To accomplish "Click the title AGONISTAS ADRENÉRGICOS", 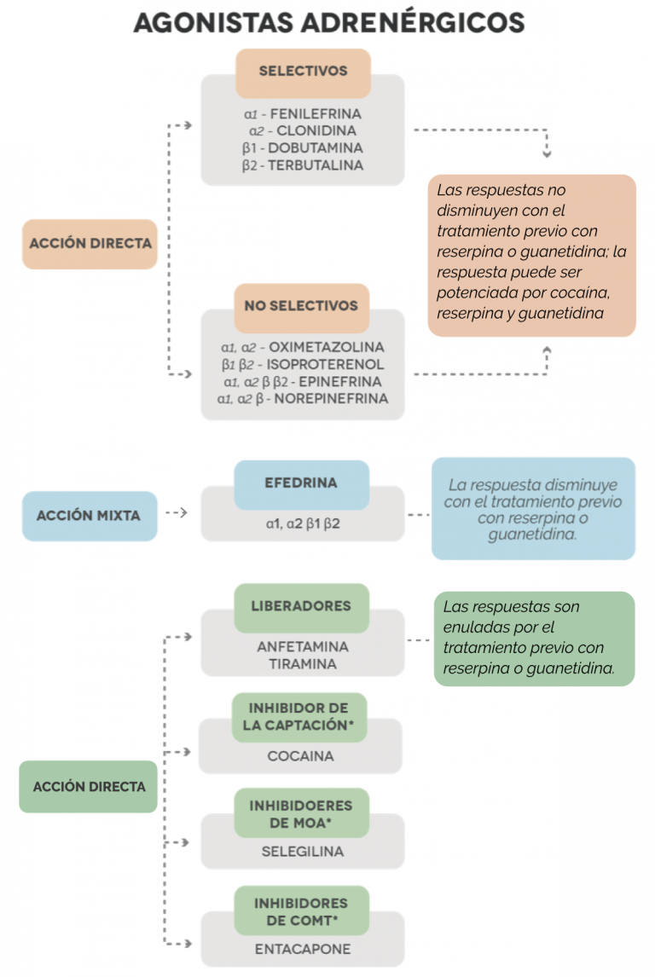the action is pyautogui.click(x=329, y=23).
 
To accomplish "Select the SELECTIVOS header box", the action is pyautogui.click(x=303, y=73).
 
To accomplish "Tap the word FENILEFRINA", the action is pyautogui.click(x=316, y=114).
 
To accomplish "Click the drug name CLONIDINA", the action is pyautogui.click(x=316, y=130).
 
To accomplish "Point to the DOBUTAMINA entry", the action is pyautogui.click(x=316, y=148).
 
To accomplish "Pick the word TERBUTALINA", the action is pyautogui.click(x=316, y=165).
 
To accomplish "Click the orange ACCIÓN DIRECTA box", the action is pyautogui.click(x=90, y=244).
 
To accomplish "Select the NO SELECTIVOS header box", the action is pyautogui.click(x=302, y=308).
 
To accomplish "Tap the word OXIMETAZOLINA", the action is pyautogui.click(x=327, y=347).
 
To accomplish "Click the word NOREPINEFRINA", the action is pyautogui.click(x=331, y=399).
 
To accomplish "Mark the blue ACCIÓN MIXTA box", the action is pyautogui.click(x=90, y=516).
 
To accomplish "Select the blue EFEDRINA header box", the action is pyautogui.click(x=302, y=485).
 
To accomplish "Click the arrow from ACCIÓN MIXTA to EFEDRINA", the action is pyautogui.click(x=177, y=513).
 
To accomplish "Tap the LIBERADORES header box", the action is pyautogui.click(x=302, y=608).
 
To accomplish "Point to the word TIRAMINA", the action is pyautogui.click(x=303, y=664).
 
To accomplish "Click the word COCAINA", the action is pyautogui.click(x=300, y=756).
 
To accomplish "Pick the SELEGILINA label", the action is pyautogui.click(x=302, y=852).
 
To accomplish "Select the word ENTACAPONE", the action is pyautogui.click(x=302, y=950).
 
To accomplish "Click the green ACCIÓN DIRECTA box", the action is pyautogui.click(x=88, y=786).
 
